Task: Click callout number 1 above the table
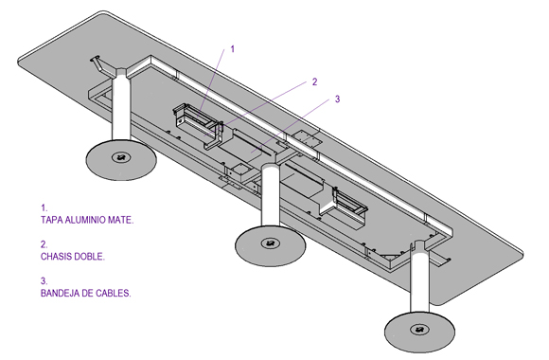[x=233, y=49]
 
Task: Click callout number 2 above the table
[x=314, y=81]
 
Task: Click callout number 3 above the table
[x=337, y=99]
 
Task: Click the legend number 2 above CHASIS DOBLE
[x=44, y=244]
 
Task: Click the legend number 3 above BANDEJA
[x=44, y=280]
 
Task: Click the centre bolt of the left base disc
[x=121, y=157]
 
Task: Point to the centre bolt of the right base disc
[x=419, y=330]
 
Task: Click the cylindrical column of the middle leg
[x=271, y=196]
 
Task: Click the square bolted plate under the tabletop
[x=307, y=139]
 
